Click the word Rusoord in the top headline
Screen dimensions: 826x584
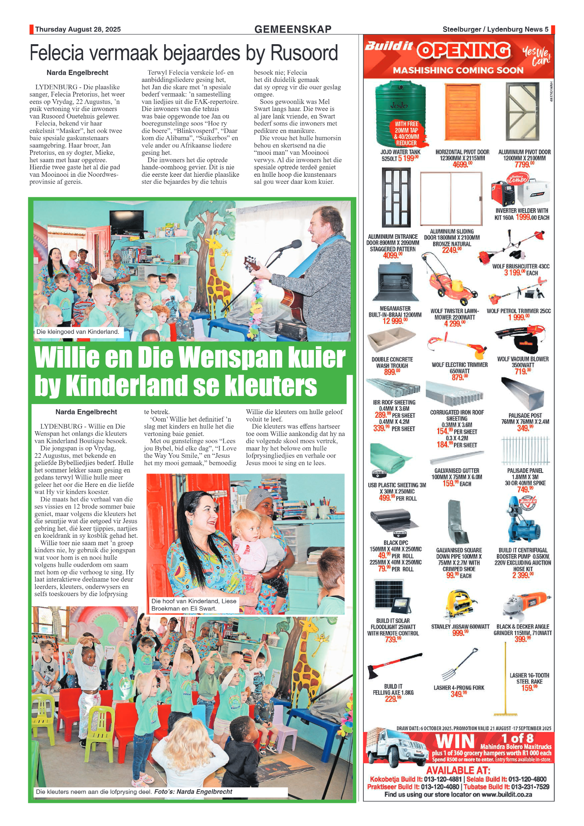click(304, 53)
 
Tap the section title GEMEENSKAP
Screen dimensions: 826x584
click(293, 29)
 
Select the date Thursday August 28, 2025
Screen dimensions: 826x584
click(78, 29)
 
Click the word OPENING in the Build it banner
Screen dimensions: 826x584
click(464, 51)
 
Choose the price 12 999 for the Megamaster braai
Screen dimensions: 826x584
click(395, 321)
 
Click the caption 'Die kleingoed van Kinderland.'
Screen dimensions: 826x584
click(78, 332)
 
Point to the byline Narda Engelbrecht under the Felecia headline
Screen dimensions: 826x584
click(77, 73)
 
